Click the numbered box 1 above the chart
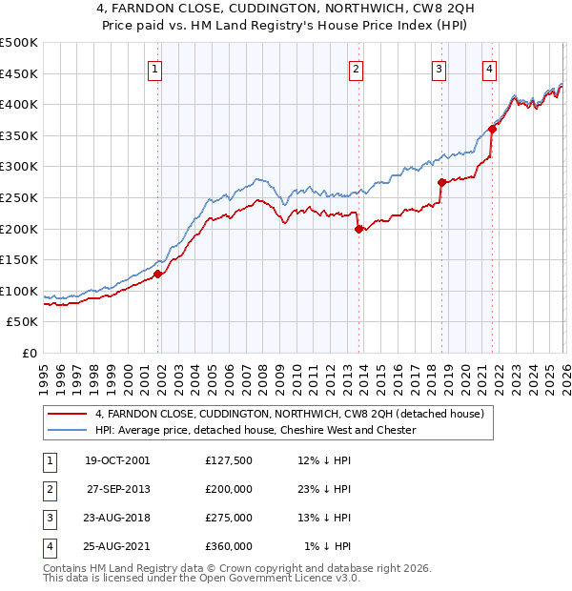point(154,68)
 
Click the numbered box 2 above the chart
point(355,68)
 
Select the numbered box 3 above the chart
point(439,68)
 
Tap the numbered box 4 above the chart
point(488,68)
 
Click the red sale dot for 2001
point(158,274)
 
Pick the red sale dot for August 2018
point(441,182)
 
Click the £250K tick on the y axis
point(20,197)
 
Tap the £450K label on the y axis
point(20,73)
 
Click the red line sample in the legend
point(68,414)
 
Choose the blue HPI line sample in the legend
point(68,430)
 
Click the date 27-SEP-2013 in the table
point(117,487)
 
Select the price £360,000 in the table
point(229,546)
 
